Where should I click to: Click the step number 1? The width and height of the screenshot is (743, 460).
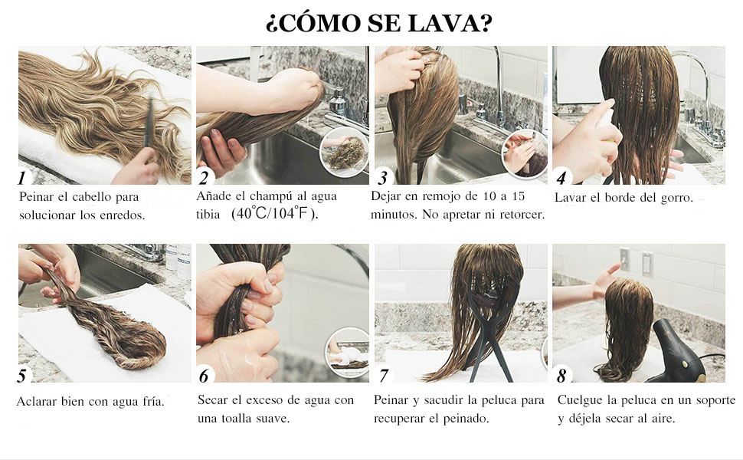point(22,179)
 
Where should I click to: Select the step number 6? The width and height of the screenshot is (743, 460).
point(204,376)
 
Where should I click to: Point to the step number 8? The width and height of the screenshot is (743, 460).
point(561,376)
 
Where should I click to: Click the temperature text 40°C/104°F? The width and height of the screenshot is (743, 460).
point(274,214)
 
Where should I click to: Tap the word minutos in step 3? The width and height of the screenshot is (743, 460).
point(396,215)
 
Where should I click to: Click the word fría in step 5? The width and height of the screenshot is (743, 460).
point(149,402)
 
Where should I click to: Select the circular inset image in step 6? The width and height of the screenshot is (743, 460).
point(349,352)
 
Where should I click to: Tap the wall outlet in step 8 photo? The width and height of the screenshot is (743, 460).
point(646,263)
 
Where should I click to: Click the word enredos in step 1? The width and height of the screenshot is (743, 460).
point(123,215)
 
